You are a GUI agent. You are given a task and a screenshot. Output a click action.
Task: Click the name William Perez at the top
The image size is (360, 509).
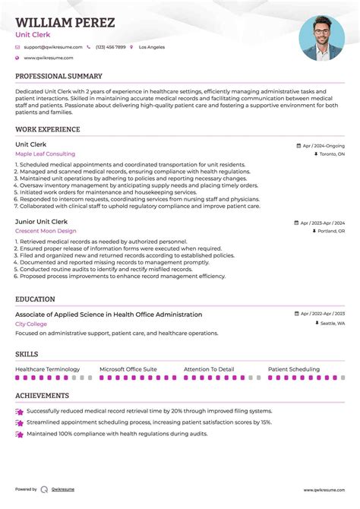pyautogui.click(x=65, y=23)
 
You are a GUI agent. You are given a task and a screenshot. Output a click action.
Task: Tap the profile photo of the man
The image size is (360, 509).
pyautogui.click(x=321, y=39)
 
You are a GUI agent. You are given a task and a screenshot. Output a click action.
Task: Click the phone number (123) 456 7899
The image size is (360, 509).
pyautogui.click(x=110, y=47)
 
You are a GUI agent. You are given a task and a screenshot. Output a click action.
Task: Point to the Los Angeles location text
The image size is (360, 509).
pyautogui.click(x=151, y=47)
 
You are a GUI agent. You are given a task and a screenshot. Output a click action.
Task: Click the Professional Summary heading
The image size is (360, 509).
pyautogui.click(x=58, y=77)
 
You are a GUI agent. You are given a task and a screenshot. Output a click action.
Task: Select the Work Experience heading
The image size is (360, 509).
pyautogui.click(x=47, y=130)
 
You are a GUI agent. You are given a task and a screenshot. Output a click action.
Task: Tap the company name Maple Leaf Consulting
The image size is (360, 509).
pyautogui.click(x=45, y=154)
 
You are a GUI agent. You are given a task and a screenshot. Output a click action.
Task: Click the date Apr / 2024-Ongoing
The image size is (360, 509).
pyautogui.click(x=323, y=145)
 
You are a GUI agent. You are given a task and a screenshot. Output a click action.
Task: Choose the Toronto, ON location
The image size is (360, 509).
pyautogui.click(x=332, y=154)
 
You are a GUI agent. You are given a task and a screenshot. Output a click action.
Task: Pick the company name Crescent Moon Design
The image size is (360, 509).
pyautogui.click(x=46, y=231)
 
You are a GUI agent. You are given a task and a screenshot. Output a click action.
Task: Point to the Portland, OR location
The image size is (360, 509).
pyautogui.click(x=331, y=231)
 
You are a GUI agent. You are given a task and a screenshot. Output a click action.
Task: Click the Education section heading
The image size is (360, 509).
pyautogui.click(x=35, y=299)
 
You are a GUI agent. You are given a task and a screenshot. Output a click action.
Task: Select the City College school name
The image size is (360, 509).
pyautogui.click(x=31, y=324)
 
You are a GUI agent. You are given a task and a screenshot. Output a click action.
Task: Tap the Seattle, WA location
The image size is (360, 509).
pyautogui.click(x=332, y=324)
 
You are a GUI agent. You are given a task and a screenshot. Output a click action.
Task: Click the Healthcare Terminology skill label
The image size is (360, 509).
pyautogui.click(x=47, y=369)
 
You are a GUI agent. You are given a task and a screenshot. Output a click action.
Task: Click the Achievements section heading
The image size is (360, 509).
pyautogui.click(x=42, y=396)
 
